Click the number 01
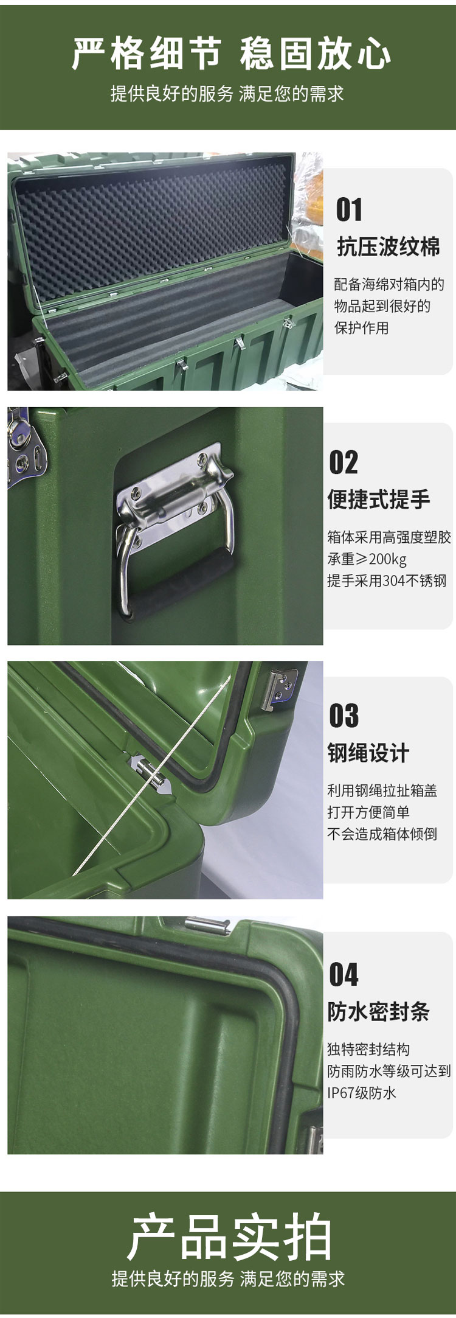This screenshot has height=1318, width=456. click(349, 209)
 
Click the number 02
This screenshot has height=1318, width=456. click(344, 462)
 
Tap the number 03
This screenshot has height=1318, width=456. click(344, 716)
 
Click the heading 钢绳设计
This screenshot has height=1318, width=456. click(368, 753)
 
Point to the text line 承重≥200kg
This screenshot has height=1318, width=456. click(367, 559)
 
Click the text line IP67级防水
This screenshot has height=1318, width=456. click(362, 1093)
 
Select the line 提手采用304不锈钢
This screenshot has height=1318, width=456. click(387, 581)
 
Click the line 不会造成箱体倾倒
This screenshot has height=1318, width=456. click(382, 834)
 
